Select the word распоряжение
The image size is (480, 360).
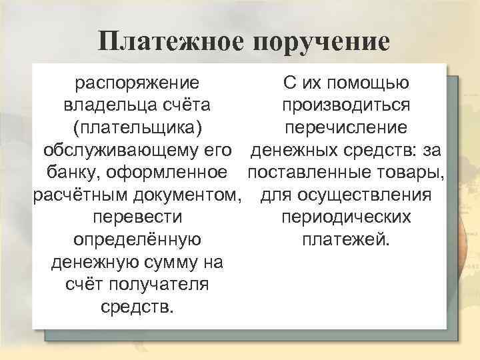[x=137, y=83]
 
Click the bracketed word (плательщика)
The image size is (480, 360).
[x=137, y=129]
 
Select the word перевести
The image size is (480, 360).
[x=137, y=218]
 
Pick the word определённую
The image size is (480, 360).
[x=137, y=241]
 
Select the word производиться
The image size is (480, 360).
[x=346, y=106]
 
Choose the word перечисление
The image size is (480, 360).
[x=346, y=129]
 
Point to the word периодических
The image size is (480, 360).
[x=346, y=218]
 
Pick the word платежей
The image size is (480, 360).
[x=346, y=241]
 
